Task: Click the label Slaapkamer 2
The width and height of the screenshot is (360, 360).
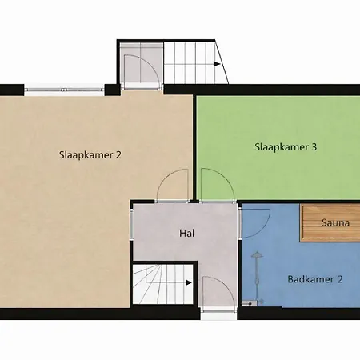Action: click(x=90, y=154)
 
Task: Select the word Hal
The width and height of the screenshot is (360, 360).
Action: click(x=188, y=234)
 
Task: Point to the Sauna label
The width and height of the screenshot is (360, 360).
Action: click(x=334, y=223)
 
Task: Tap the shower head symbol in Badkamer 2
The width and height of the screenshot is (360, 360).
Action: click(x=258, y=256)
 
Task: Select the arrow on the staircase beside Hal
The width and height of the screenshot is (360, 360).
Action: click(x=189, y=282)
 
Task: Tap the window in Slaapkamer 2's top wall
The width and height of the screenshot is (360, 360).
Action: click(x=64, y=87)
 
